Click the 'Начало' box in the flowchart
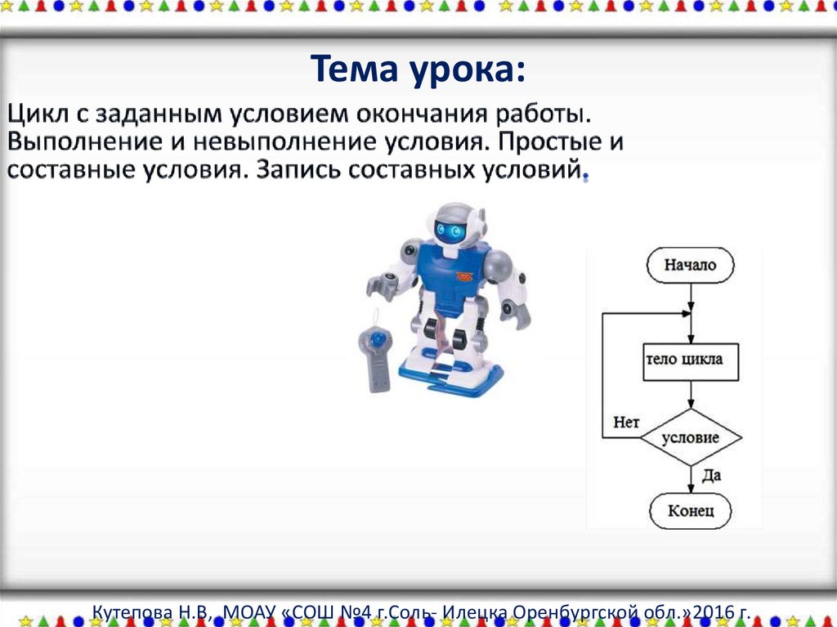690,265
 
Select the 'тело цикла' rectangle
690,361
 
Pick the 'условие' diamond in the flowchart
690,438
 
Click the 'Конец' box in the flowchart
690,511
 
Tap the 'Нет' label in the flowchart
626,423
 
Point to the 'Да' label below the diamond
711,475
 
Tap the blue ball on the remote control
377,338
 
